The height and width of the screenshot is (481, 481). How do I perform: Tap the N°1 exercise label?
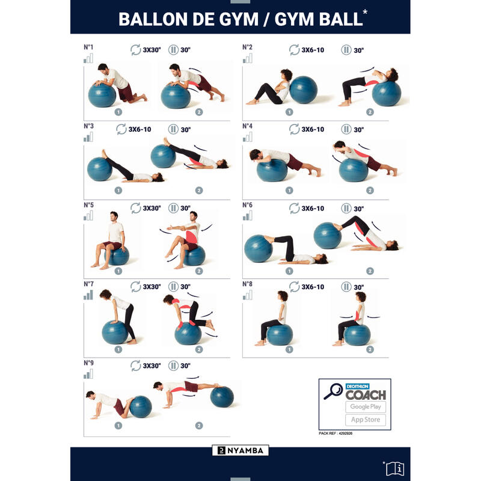click(88, 47)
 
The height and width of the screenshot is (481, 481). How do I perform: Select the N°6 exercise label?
click(247, 205)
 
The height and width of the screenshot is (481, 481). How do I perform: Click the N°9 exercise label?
click(88, 363)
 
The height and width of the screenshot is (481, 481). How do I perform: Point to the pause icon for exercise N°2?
click(346, 50)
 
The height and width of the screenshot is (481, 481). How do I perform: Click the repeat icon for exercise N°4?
click(294, 129)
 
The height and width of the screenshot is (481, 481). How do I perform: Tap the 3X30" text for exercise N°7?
click(152, 287)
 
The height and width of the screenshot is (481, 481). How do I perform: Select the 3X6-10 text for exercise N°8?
click(313, 287)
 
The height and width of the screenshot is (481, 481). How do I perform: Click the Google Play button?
click(366, 407)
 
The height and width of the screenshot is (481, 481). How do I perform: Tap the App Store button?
click(366, 420)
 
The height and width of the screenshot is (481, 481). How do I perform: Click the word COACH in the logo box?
click(366, 395)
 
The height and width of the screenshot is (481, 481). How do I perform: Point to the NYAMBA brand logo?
click(240, 450)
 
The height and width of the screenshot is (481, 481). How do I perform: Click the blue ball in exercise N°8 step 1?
click(280, 334)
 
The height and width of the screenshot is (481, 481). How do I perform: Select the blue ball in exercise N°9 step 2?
click(222, 397)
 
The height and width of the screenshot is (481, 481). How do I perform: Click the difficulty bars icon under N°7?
click(88, 295)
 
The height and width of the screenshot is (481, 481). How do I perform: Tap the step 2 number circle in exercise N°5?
click(199, 271)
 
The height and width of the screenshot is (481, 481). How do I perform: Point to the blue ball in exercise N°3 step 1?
click(99, 169)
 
